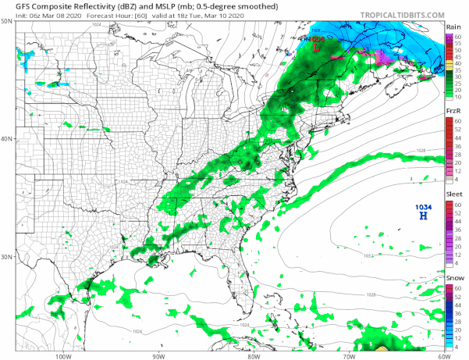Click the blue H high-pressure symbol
422,216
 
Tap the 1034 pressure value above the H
422,206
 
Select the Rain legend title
453,26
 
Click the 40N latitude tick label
7,139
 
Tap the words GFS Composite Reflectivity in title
47,5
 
